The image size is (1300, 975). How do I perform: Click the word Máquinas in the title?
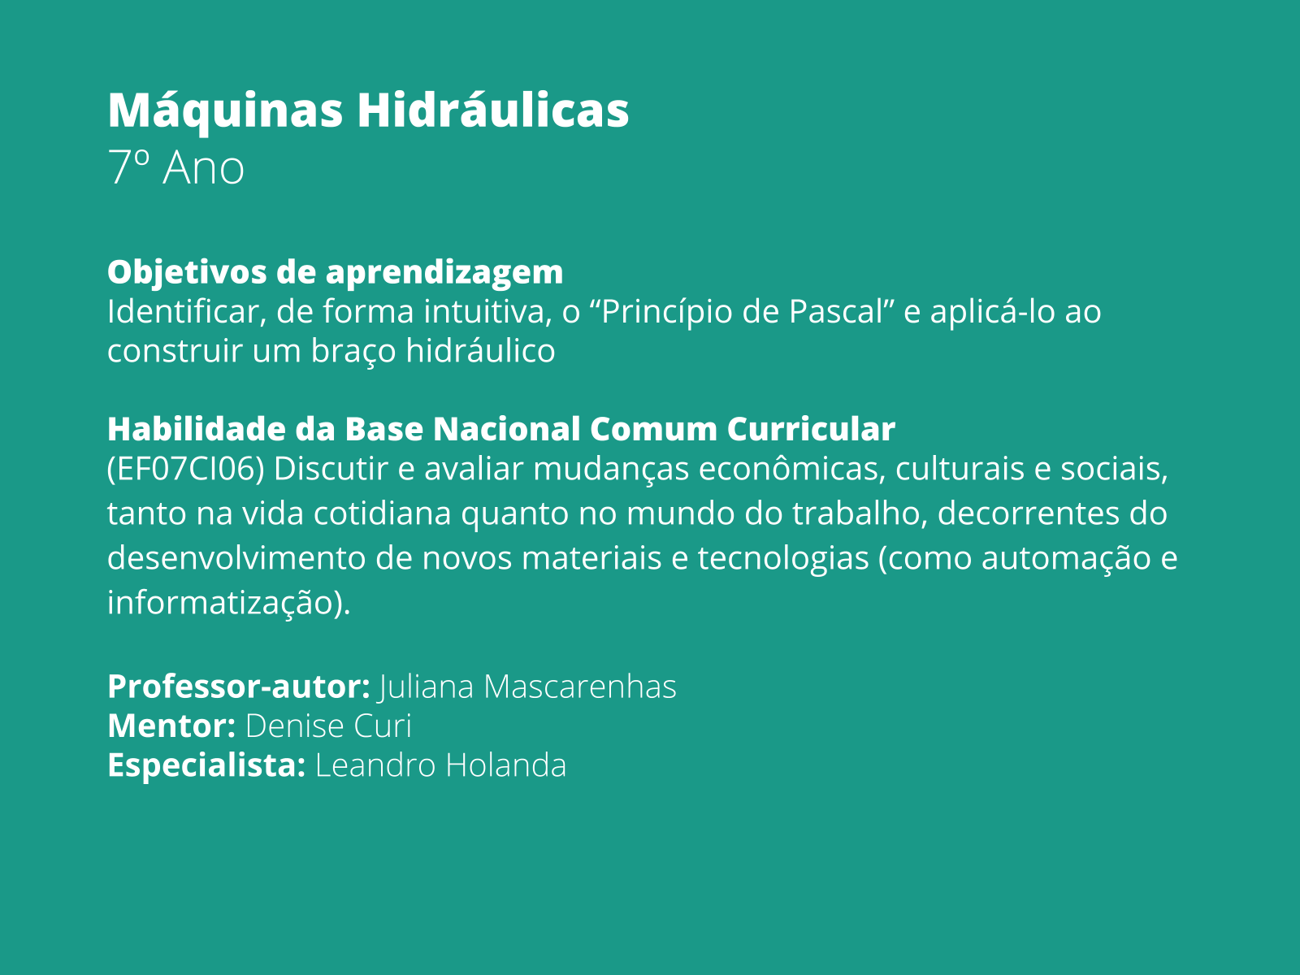tap(225, 110)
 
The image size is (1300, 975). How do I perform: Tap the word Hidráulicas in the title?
tap(492, 110)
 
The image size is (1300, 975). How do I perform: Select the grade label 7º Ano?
tap(175, 168)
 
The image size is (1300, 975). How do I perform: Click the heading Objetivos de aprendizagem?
tap(335, 272)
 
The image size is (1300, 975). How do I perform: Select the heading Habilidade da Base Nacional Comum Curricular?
tap(500, 429)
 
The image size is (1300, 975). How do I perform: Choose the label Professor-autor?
tap(239, 687)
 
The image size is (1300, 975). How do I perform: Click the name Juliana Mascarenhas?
tap(527, 687)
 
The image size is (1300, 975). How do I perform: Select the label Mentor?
tap(171, 726)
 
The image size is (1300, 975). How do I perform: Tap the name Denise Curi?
tap(328, 726)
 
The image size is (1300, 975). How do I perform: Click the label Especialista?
tap(206, 765)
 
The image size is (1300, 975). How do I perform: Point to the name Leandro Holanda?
tap(440, 765)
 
